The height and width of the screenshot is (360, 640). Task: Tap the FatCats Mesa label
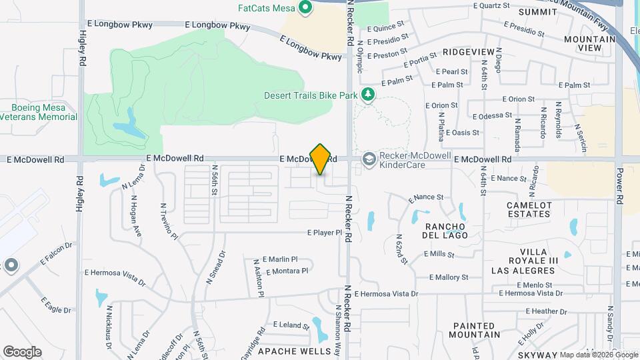pos(267,8)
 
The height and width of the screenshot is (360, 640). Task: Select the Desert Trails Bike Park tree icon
pos(367,95)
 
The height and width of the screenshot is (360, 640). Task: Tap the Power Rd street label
pos(619,190)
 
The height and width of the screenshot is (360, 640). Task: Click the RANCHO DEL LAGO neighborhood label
pos(446,231)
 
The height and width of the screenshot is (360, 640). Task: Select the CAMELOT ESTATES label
pos(529,209)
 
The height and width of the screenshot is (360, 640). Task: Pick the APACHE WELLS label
pos(294,351)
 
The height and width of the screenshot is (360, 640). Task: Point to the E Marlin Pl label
pos(280,259)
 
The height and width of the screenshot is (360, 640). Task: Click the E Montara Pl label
pos(287,271)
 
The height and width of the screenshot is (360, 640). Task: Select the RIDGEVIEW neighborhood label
pos(469,51)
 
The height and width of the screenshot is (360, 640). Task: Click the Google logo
pos(22,351)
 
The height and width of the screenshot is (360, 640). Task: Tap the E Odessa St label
pos(492,115)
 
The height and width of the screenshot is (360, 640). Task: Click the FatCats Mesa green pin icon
pos(306,8)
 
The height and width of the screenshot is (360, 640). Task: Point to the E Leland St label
pos(287,326)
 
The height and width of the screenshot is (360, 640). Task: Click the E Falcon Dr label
pos(55,254)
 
